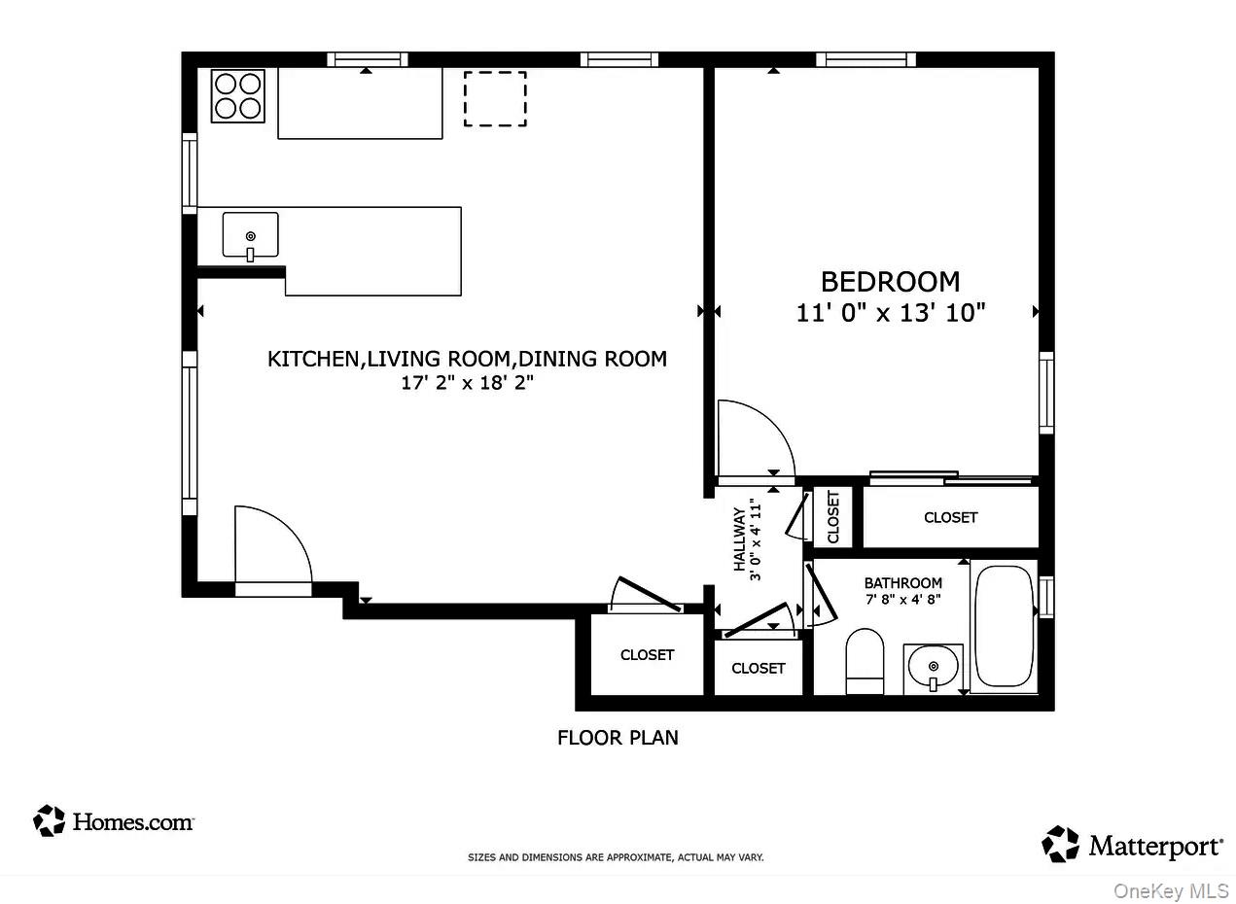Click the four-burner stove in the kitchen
tap(238, 96)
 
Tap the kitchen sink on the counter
tap(250, 236)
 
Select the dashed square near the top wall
tap(494, 99)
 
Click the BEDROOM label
tap(890, 282)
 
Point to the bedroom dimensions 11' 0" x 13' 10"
tap(890, 313)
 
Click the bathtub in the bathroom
tap(1004, 627)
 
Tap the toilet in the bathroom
tap(865, 661)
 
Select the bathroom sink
tap(933, 669)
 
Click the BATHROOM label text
tap(902, 583)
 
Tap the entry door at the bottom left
tap(272, 549)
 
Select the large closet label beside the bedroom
tap(950, 517)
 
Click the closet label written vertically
tap(833, 517)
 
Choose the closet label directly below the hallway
tap(758, 668)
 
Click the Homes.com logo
tap(114, 821)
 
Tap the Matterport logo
tap(1132, 845)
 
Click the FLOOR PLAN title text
tap(618, 738)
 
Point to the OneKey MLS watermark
tap(1171, 891)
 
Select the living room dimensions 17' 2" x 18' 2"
tap(467, 383)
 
